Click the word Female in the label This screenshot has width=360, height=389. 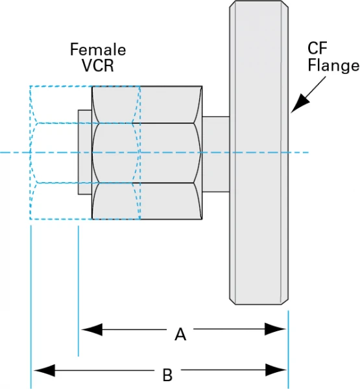98,50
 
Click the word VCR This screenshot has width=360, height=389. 98,66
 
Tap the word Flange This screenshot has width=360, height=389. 333,65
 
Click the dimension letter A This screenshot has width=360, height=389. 181,335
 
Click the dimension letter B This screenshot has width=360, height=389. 167,375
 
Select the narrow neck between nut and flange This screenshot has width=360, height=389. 217,154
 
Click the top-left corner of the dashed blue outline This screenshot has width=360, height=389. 30,86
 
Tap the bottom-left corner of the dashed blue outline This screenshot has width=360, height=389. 30,220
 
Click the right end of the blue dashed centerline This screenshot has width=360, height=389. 308,153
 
